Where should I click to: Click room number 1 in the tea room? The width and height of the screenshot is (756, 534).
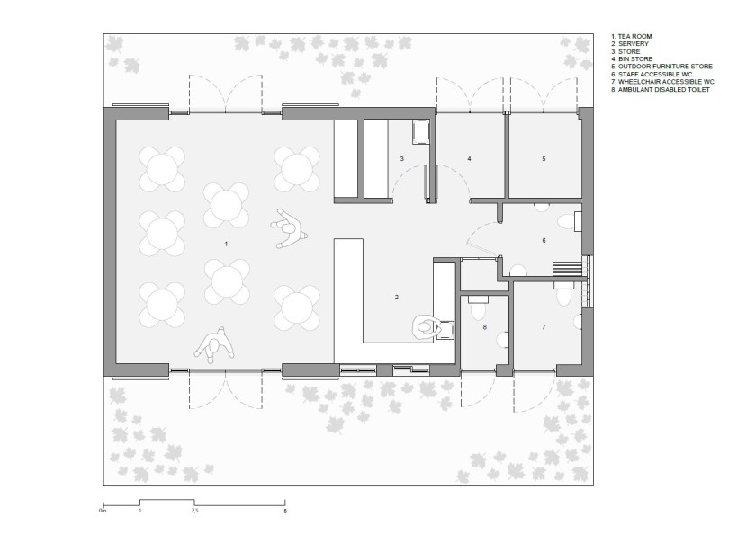tap(226, 245)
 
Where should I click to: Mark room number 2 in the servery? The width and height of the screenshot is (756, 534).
tap(397, 297)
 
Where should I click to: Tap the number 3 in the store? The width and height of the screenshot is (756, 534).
tap(401, 158)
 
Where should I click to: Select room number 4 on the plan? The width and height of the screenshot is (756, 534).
tap(469, 158)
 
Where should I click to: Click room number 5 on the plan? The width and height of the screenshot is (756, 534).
tap(544, 158)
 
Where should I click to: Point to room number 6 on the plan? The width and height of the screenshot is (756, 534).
tap(544, 240)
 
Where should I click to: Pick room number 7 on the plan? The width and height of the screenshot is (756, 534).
tap(544, 327)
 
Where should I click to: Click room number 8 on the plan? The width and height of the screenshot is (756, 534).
tap(484, 327)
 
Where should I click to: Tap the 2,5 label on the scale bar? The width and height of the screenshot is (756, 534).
tap(194, 511)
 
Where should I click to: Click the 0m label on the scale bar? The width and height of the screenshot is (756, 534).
tap(103, 511)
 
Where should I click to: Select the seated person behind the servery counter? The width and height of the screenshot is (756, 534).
tap(425, 328)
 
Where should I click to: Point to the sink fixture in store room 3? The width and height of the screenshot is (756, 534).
tap(420, 131)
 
